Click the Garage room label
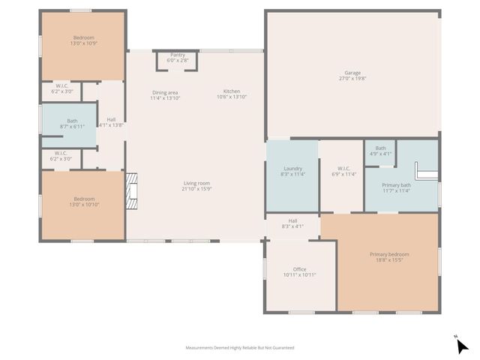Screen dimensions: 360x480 [352, 73]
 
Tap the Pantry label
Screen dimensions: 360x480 [178, 55]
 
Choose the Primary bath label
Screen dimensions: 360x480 [396, 185]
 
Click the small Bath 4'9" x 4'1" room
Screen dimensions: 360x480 [381, 151]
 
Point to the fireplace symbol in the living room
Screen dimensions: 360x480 [133, 190]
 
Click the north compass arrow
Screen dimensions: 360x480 [462, 345]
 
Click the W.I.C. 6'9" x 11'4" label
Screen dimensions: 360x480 [344, 171]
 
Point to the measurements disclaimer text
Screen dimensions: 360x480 [240, 348]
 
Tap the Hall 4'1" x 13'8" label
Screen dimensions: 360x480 [111, 122]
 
